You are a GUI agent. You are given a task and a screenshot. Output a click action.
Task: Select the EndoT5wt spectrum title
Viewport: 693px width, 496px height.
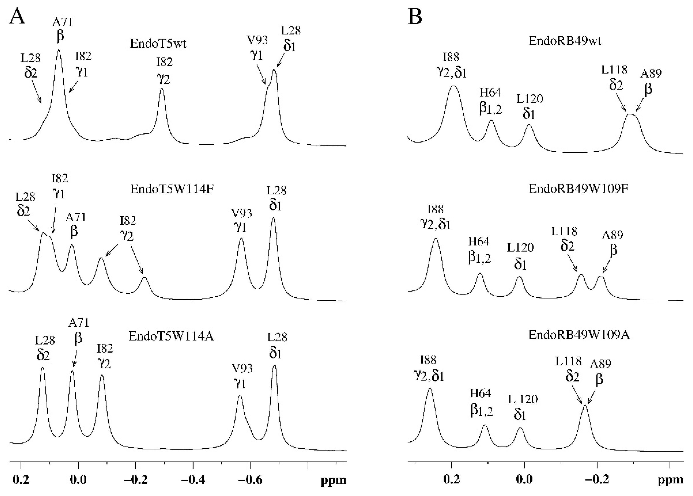point(158,44)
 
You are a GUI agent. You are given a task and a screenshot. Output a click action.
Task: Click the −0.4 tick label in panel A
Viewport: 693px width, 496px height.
point(192,480)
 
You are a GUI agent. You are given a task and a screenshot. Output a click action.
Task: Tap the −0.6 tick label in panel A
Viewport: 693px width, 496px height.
point(250,480)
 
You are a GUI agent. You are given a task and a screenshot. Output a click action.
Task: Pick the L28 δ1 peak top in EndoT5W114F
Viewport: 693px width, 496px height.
point(273,218)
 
